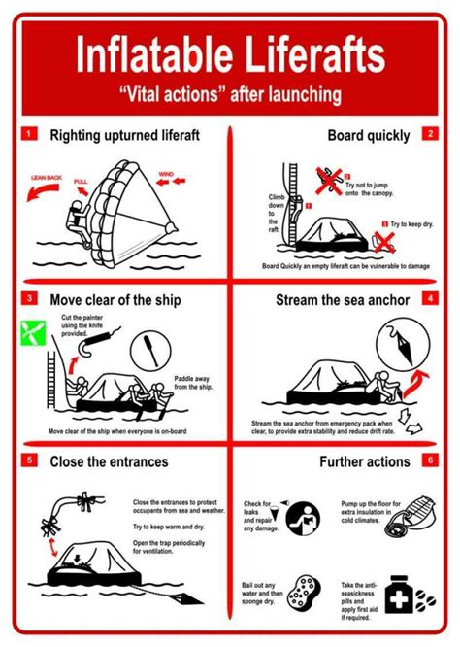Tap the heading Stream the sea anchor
coord(343,299)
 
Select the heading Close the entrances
coord(109,461)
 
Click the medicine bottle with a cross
coord(398,595)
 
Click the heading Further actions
coord(364,461)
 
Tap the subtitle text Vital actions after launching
coord(230,94)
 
